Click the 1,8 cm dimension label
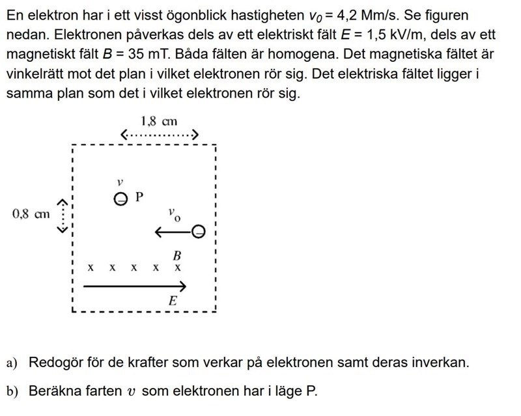[158, 120]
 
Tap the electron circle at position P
[120, 199]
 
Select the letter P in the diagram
[139, 196]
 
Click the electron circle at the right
[199, 231]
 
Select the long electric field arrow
[135, 286]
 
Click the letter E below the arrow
[173, 301]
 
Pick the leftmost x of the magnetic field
[91, 268]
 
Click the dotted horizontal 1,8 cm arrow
[159, 135]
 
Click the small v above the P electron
[120, 183]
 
